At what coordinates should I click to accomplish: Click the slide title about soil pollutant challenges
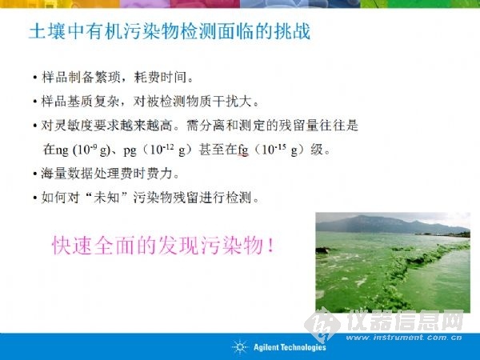pos(170,31)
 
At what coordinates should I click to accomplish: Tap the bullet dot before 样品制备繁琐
pos(35,78)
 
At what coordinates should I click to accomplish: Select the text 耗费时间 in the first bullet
pos(160,78)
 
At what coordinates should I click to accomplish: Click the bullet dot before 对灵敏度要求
pos(35,126)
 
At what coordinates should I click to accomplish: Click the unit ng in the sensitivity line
pos(62,151)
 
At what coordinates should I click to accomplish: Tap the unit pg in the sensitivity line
pos(130,151)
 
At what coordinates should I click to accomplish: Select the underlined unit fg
pos(243,150)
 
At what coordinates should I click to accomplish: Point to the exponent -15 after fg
pos(281,147)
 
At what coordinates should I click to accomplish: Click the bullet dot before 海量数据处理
pos(35,174)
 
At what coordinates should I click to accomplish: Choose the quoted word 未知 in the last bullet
pos(106,198)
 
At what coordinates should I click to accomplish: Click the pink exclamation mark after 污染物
pos(270,246)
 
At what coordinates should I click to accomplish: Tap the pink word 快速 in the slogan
pos(72,246)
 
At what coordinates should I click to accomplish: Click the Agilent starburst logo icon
pos(240,347)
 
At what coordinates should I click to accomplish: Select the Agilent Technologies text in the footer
pos(290,347)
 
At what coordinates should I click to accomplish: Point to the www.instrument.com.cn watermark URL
pos(404,338)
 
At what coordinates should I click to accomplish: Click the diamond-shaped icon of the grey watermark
pos(322,325)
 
